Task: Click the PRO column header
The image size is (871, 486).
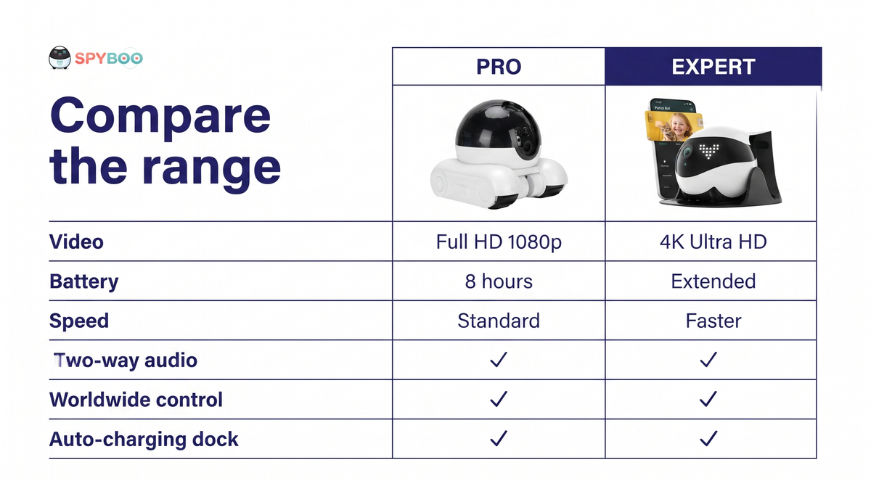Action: click(x=499, y=67)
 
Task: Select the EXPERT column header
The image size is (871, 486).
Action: click(x=713, y=67)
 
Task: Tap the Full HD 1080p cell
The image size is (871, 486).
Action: click(x=499, y=242)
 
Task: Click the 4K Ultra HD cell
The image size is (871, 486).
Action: click(x=713, y=242)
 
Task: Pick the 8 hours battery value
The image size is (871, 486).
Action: click(x=499, y=281)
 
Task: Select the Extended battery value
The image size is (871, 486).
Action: click(x=713, y=281)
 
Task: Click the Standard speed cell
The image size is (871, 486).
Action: click(x=499, y=321)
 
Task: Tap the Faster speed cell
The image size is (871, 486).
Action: click(x=713, y=321)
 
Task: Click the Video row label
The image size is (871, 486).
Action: click(x=76, y=242)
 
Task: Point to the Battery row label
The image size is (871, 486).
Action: click(x=83, y=281)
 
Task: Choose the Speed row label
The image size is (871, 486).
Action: click(x=79, y=321)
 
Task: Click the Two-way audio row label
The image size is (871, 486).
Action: click(x=125, y=361)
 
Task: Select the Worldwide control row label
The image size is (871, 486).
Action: click(x=136, y=400)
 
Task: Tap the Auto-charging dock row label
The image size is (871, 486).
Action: click(x=144, y=440)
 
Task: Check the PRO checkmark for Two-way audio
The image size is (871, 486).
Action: click(x=499, y=359)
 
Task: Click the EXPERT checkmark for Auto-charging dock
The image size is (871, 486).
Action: click(x=708, y=438)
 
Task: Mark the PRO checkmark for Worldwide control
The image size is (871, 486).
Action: click(x=499, y=399)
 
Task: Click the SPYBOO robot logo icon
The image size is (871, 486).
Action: click(x=60, y=58)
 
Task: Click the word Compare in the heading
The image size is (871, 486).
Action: click(x=160, y=117)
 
